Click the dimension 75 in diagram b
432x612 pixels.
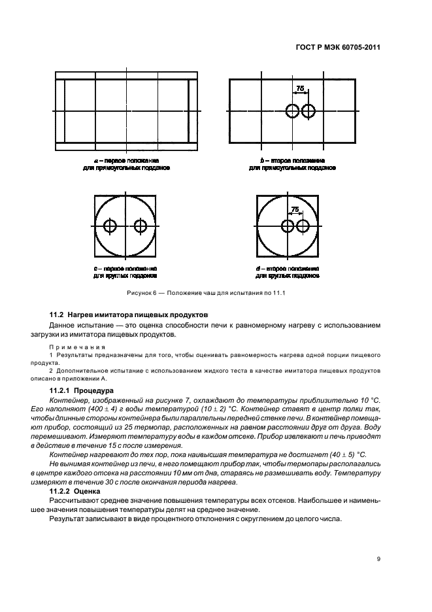[x=300, y=88]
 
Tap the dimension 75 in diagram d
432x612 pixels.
[x=295, y=209]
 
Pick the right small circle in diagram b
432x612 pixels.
[x=307, y=111]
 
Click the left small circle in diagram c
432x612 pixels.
[x=110, y=226]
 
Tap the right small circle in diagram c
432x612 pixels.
[x=140, y=226]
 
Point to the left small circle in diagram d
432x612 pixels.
[x=288, y=226]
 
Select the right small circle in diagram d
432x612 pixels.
[x=302, y=226]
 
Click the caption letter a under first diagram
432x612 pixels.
[x=96, y=160]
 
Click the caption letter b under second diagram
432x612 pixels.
[x=261, y=160]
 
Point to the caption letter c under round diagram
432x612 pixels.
[x=95, y=269]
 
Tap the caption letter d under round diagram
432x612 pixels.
[x=259, y=269]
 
